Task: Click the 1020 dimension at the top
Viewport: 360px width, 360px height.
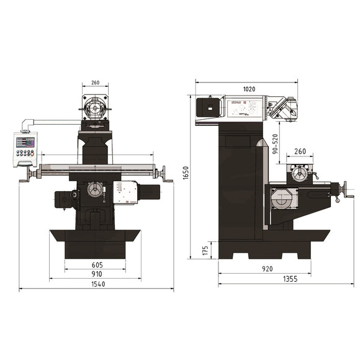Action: click(248, 89)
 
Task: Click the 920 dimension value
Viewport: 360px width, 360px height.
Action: click(266, 269)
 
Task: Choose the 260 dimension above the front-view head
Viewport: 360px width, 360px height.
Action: click(95, 83)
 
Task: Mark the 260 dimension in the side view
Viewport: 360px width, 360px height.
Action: click(300, 151)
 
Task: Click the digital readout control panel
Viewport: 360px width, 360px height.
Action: click(25, 149)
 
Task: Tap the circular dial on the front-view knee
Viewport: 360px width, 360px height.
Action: click(96, 189)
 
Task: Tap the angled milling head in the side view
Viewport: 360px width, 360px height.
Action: click(283, 109)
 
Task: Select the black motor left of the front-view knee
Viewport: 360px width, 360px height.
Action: click(64, 199)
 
